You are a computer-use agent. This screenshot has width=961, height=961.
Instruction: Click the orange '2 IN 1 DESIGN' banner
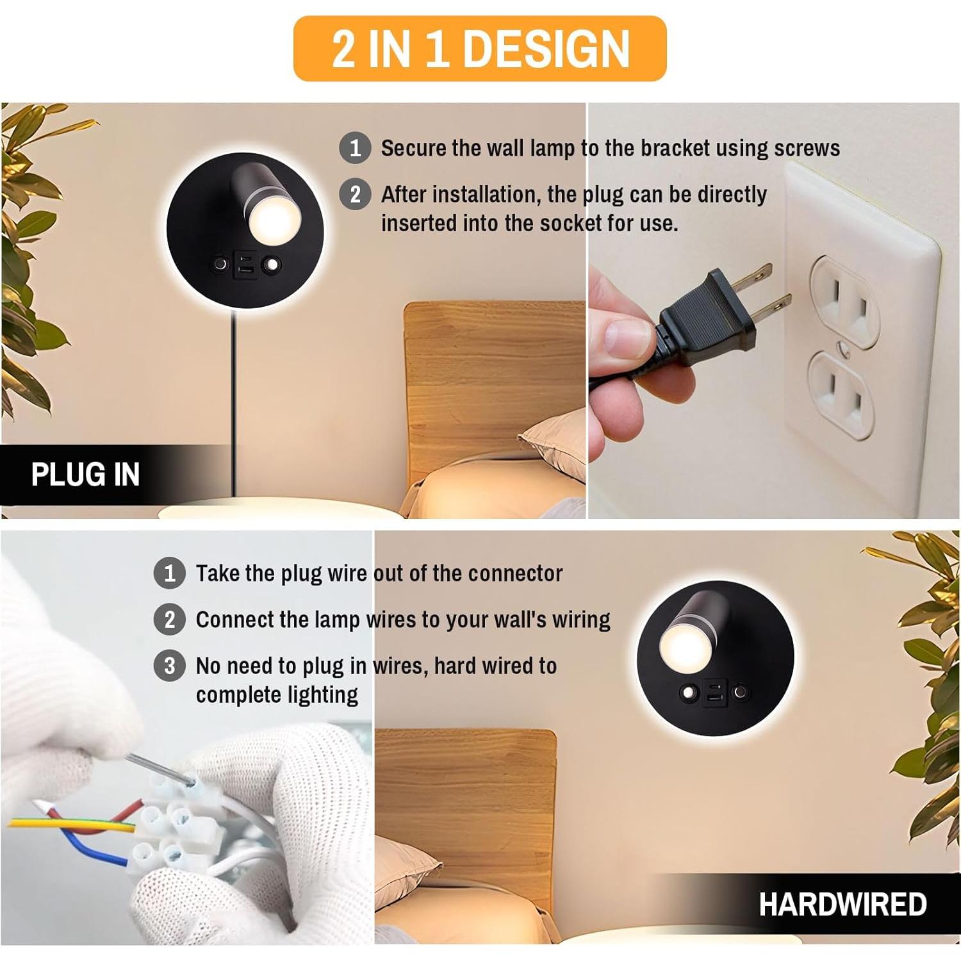[480, 49]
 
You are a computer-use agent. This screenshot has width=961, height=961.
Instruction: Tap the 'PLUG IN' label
[85, 475]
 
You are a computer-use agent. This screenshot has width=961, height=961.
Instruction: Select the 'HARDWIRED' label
[842, 904]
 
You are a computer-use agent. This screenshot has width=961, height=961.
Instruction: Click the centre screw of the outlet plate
[844, 349]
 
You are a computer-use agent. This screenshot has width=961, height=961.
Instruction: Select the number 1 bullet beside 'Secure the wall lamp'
[355, 148]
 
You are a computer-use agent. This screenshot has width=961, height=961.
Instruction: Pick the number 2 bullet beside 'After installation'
[355, 194]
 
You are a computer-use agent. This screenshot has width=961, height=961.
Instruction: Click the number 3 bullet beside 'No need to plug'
[170, 666]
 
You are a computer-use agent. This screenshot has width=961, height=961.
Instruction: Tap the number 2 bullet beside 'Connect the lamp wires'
[170, 620]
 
